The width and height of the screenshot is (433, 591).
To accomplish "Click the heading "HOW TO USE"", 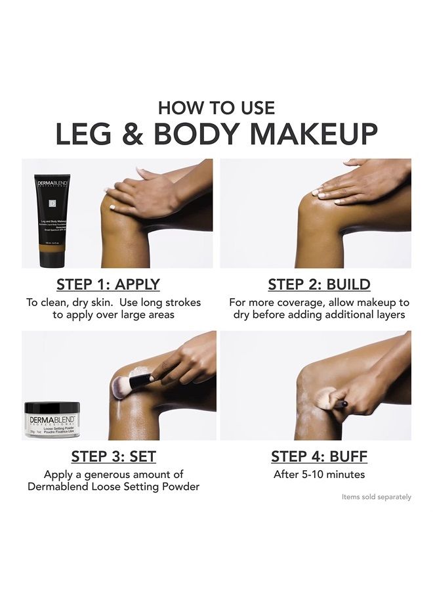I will coord(216,108).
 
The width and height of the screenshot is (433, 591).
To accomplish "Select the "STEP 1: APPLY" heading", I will coord(108,284).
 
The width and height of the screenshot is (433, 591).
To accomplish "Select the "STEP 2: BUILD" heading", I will coord(319,284).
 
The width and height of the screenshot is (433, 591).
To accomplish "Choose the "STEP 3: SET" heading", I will coord(113,456).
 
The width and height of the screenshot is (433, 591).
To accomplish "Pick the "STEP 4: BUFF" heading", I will coord(319,456).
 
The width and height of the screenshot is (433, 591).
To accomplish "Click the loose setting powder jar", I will coord(52,420).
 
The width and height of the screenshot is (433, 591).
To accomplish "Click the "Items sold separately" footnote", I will coord(376,497).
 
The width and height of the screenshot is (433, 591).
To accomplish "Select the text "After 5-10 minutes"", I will coord(319,474).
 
